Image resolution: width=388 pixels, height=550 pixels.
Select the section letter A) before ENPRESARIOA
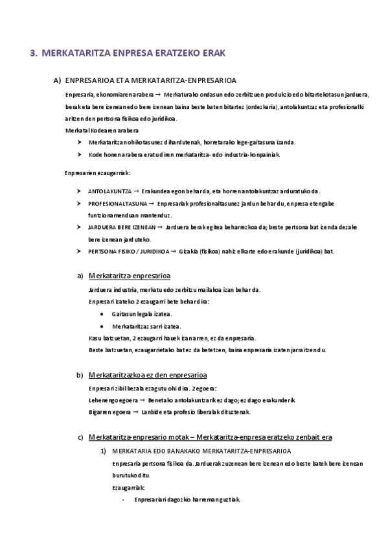pos(57,80)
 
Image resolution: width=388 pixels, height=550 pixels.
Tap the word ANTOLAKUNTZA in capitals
pos(110,191)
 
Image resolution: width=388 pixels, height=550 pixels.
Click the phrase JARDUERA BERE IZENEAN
pos(122,228)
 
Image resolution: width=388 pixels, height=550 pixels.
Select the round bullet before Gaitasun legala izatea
pos(102,313)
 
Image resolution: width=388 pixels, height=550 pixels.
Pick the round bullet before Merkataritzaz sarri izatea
pos(102,326)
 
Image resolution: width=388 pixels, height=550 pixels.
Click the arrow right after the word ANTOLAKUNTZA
pos(137,191)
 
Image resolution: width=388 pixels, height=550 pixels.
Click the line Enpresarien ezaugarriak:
pos(98,173)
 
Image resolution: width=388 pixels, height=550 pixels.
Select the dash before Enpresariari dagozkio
pos(123,499)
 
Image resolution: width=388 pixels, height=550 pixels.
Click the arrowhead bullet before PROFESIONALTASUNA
pos(79,203)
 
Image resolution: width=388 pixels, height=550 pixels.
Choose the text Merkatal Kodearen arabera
pos(101,130)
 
